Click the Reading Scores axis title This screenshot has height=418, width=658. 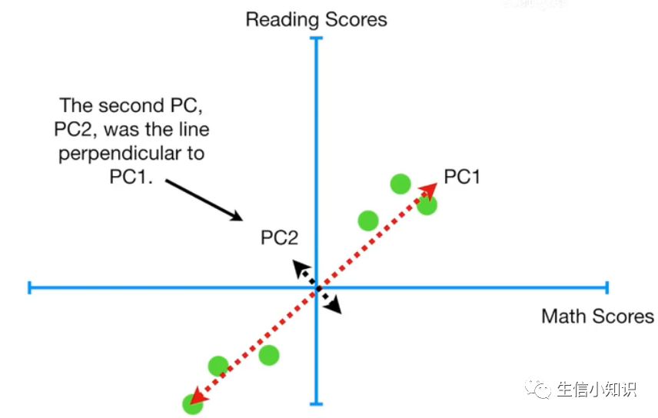tap(316, 19)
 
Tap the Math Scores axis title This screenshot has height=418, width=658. tap(597, 316)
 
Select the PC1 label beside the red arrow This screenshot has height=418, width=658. tap(463, 177)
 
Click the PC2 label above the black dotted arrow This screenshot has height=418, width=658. tap(279, 238)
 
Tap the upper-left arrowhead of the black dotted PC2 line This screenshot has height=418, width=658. tap(297, 266)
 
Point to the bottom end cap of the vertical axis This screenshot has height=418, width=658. tap(317, 403)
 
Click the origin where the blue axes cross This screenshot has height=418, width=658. tap(317, 288)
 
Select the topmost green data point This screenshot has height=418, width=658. tap(400, 183)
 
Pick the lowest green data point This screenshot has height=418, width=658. tap(191, 403)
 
